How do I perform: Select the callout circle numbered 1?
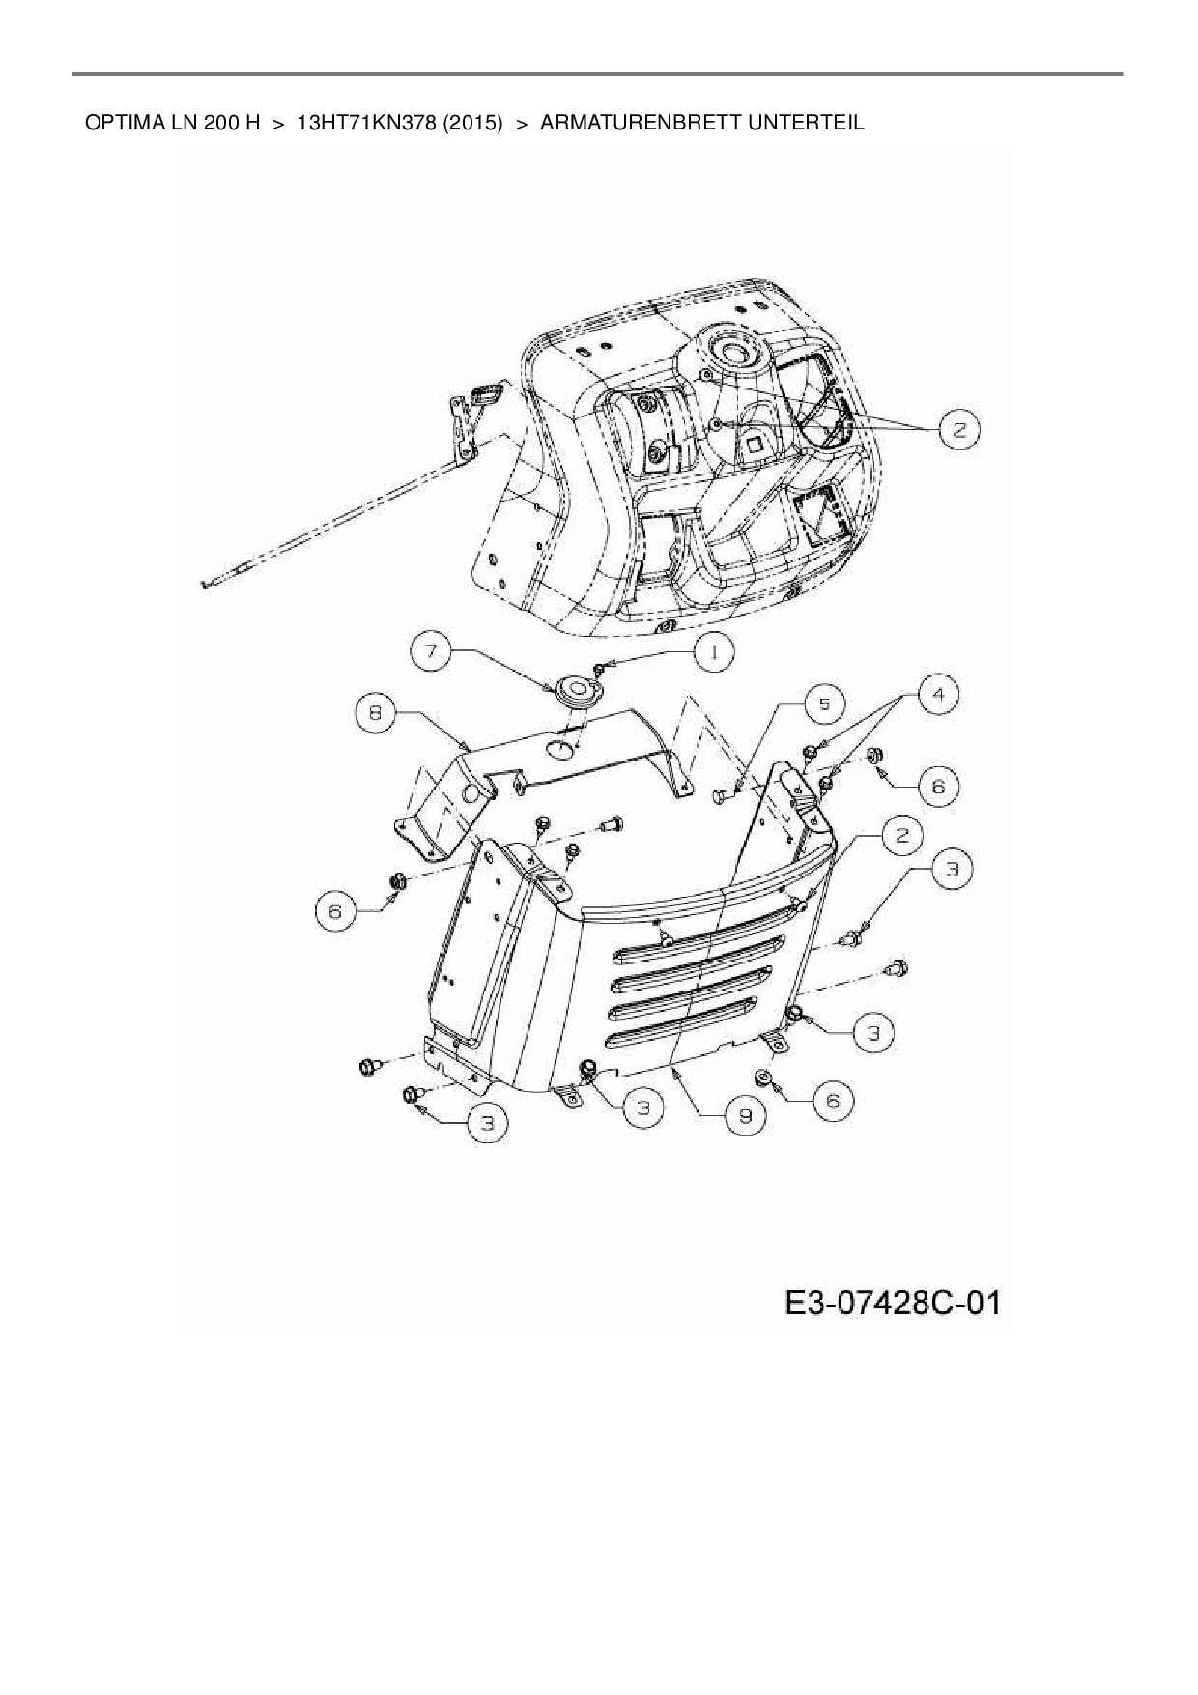[x=713, y=652]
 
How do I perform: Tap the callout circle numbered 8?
[x=376, y=714]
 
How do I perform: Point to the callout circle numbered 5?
[x=824, y=704]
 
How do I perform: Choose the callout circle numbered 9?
[x=745, y=1115]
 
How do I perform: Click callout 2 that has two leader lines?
[x=958, y=430]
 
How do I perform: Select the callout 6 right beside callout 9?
[x=833, y=1100]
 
